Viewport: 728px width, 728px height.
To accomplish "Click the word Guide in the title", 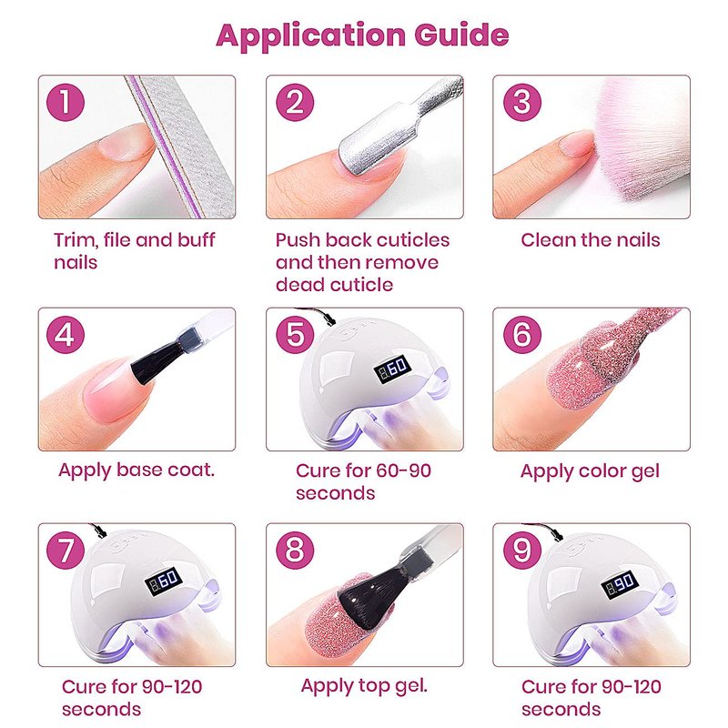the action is point(461,35).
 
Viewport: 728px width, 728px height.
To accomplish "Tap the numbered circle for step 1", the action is point(66,102).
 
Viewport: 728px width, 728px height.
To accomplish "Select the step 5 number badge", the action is point(295,334).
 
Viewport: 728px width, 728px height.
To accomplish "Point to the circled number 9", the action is point(522,551).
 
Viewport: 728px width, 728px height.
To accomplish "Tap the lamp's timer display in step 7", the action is point(163,581).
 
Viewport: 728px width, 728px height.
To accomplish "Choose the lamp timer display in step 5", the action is point(392,369).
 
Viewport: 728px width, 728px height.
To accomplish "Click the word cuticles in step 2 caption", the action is point(406,240).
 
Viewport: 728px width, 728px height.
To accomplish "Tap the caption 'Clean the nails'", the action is point(590,240).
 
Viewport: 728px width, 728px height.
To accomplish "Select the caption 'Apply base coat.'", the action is point(136,470).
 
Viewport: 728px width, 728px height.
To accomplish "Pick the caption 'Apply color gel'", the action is point(590,471).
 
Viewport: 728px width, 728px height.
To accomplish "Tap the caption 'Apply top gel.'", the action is point(364,686).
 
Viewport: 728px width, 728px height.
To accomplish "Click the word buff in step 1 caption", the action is point(196,240).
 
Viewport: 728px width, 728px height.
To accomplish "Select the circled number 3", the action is point(522,102).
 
